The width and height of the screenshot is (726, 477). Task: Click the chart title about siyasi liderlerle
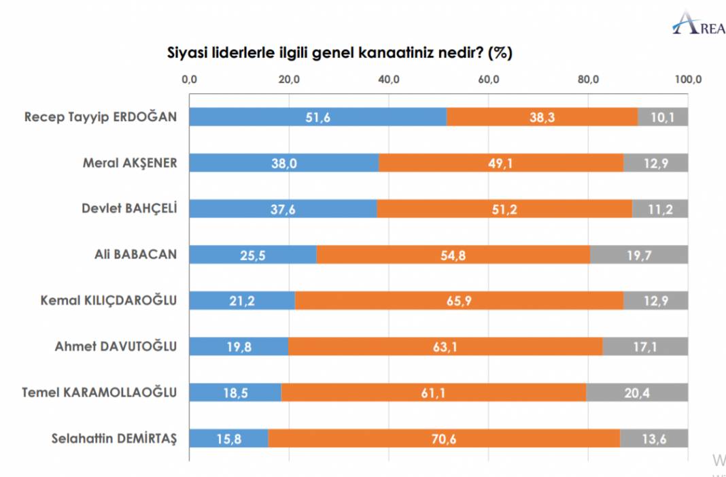click(x=340, y=53)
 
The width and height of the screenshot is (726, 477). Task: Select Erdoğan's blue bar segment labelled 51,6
click(x=317, y=117)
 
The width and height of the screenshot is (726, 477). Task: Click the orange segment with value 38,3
click(x=542, y=117)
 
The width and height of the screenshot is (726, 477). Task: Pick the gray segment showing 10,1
click(x=663, y=117)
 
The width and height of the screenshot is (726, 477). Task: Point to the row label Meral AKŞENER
click(x=129, y=163)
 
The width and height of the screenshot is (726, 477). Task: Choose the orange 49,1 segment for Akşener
click(x=501, y=163)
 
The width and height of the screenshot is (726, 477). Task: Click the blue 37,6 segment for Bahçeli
click(x=283, y=209)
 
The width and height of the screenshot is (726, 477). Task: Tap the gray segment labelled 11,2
click(x=659, y=209)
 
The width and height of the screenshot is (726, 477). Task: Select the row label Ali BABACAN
click(x=135, y=254)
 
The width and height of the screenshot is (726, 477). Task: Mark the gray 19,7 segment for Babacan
click(x=639, y=254)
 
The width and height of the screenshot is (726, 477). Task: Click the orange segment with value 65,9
click(x=459, y=301)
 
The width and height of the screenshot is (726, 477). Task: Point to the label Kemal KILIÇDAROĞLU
click(x=109, y=301)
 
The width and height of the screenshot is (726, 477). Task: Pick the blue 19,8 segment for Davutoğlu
click(x=239, y=346)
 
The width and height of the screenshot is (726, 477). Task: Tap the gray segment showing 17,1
click(x=645, y=346)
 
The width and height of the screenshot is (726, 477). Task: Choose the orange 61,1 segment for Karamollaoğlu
click(x=434, y=393)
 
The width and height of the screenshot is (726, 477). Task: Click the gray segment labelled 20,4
click(x=637, y=393)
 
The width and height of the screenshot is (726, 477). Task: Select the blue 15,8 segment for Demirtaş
click(x=228, y=438)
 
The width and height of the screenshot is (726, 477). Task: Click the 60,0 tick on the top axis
click(x=489, y=80)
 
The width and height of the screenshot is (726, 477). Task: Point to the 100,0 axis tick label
click(x=688, y=80)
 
